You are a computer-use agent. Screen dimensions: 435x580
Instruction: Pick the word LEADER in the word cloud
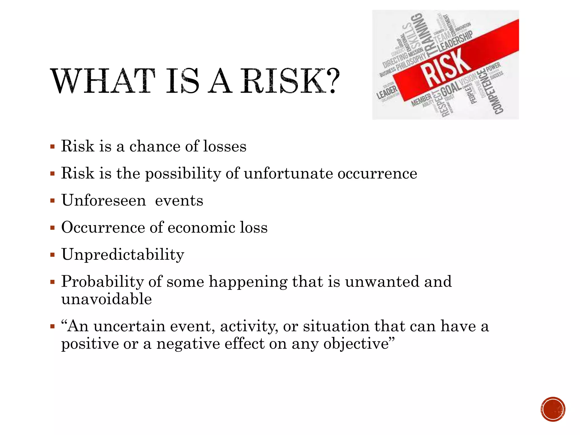[x=387, y=92]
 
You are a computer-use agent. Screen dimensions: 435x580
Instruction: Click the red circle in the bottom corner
[x=553, y=409]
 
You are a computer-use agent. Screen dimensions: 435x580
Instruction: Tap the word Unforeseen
[x=104, y=201]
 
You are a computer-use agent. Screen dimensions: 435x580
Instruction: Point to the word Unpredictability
[x=123, y=255]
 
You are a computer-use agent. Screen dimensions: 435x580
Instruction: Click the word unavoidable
[x=106, y=299]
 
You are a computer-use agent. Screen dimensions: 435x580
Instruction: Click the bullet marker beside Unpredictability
[x=52, y=255]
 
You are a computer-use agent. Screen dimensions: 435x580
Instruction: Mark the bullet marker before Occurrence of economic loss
[x=52, y=228]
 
